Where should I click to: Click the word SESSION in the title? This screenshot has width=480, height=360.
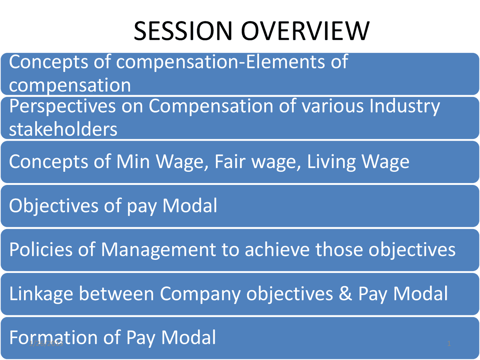pos(183,31)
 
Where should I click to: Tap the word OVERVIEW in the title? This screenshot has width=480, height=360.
pos(305,31)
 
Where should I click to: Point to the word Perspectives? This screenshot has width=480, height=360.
pos(62,106)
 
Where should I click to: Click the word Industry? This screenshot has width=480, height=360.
pos(404,106)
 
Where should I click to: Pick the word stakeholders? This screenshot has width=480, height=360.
pos(63,129)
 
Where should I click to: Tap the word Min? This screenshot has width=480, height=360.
pos(133,162)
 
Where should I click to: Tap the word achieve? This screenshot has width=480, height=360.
pos(277,249)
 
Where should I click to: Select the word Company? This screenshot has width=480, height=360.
pos(200,294)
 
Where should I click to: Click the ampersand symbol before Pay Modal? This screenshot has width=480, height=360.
pos(345,294)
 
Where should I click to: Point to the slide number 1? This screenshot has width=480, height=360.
pos(449,343)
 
